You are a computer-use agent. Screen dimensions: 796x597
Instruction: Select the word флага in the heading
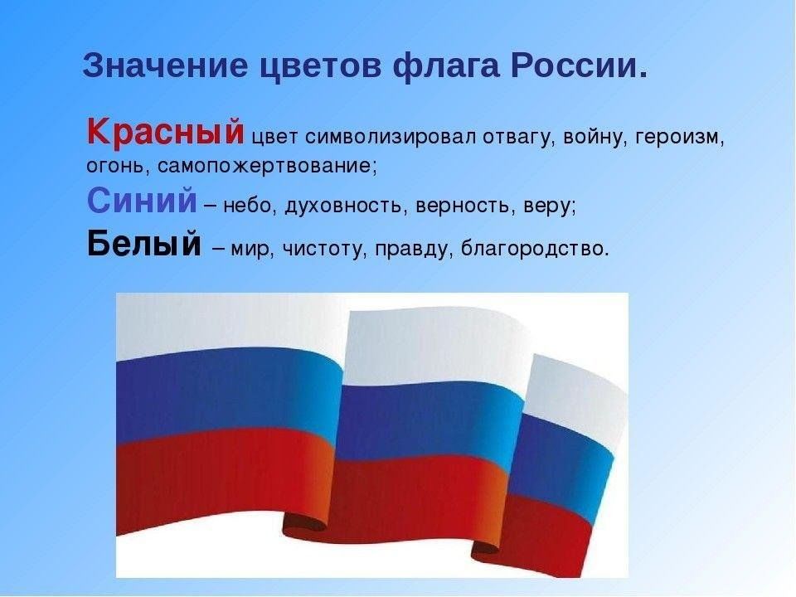coord(446,66)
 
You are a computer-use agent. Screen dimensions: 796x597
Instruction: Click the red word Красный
coord(166,132)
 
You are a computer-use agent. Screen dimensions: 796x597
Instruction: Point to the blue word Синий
coord(142,200)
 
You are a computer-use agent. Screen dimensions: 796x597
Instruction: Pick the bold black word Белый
coord(144,243)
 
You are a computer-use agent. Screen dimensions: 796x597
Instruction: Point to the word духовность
coord(347,206)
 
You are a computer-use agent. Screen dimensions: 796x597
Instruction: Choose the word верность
coord(463,206)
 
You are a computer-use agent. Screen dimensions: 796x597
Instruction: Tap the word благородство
coord(534,249)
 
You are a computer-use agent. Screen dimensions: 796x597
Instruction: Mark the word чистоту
coord(324,250)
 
